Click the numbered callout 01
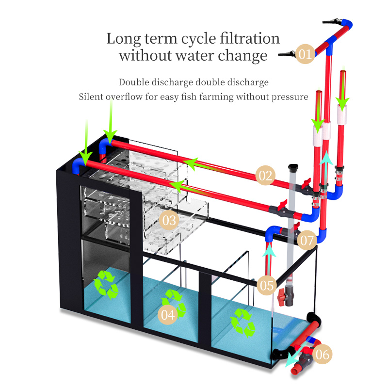tap(305, 54)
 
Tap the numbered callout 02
tap(265, 175)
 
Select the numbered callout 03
tap(169, 221)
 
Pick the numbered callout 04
tap(168, 314)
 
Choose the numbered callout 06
tap(323, 355)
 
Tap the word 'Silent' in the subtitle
tap(92, 97)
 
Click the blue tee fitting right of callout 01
tap(329, 48)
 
